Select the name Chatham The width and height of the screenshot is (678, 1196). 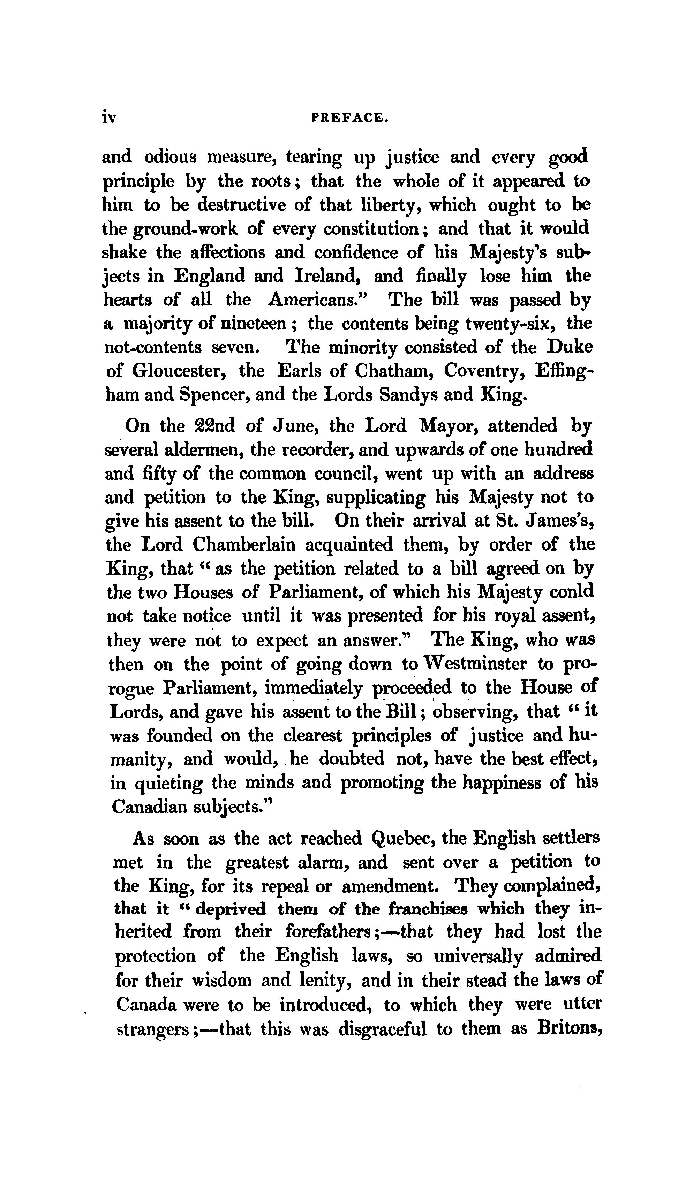(393, 371)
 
